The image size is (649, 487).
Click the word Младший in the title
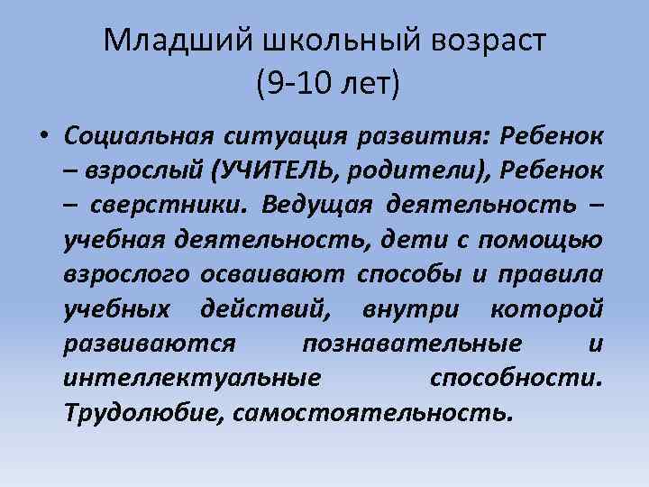point(178,41)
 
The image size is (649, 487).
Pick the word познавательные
point(412,344)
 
